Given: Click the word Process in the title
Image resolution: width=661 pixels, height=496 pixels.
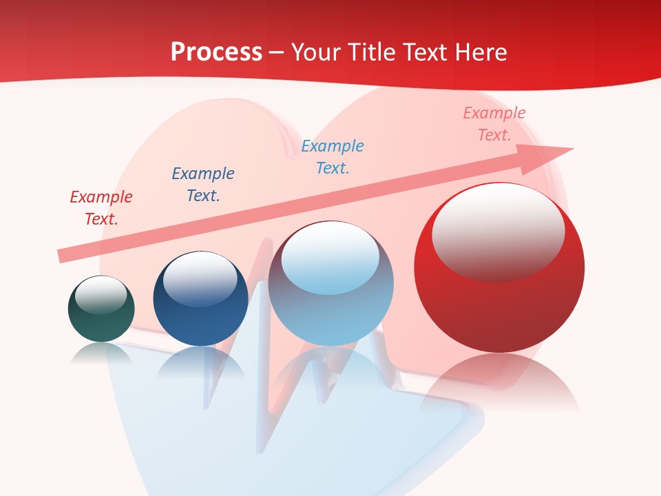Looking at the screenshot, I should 216,52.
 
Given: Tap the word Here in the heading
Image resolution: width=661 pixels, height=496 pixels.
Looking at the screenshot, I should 480,52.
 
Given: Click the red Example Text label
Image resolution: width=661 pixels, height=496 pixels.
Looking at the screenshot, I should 101,208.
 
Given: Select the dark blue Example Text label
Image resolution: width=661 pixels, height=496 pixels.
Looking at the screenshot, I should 203,184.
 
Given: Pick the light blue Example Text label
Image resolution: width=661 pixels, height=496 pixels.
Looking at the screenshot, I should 333,156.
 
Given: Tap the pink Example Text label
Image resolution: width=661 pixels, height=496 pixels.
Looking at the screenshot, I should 494,124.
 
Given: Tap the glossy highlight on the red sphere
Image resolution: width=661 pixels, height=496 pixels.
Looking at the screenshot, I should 498,233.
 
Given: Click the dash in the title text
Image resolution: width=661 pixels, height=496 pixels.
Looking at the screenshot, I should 277,53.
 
